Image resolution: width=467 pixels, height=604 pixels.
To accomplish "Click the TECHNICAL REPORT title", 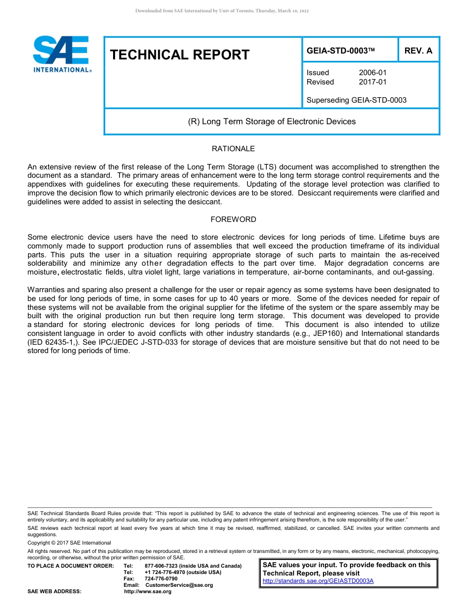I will (180, 55).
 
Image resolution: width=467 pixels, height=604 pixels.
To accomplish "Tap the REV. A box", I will (418, 51).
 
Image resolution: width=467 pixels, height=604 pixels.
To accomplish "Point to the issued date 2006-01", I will (373, 73).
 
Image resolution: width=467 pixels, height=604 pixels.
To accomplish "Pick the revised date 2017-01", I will (373, 82).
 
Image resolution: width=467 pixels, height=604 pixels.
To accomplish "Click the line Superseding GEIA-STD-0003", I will (356, 100).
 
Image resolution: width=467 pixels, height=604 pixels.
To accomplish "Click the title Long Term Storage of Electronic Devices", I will (272, 121).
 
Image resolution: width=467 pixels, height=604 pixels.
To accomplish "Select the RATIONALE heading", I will (233, 149).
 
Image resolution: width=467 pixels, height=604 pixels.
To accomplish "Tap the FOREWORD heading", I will (233, 220).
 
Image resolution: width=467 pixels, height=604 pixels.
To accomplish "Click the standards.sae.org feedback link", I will (318, 581).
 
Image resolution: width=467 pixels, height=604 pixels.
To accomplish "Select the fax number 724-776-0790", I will (161, 578).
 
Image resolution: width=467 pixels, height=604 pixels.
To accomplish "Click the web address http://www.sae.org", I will (148, 591).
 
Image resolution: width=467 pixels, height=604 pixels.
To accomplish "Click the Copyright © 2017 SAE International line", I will (69, 543).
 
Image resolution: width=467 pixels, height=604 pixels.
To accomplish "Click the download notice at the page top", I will (222, 11).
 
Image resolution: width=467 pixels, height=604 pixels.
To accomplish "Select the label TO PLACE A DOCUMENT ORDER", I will (71, 566).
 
